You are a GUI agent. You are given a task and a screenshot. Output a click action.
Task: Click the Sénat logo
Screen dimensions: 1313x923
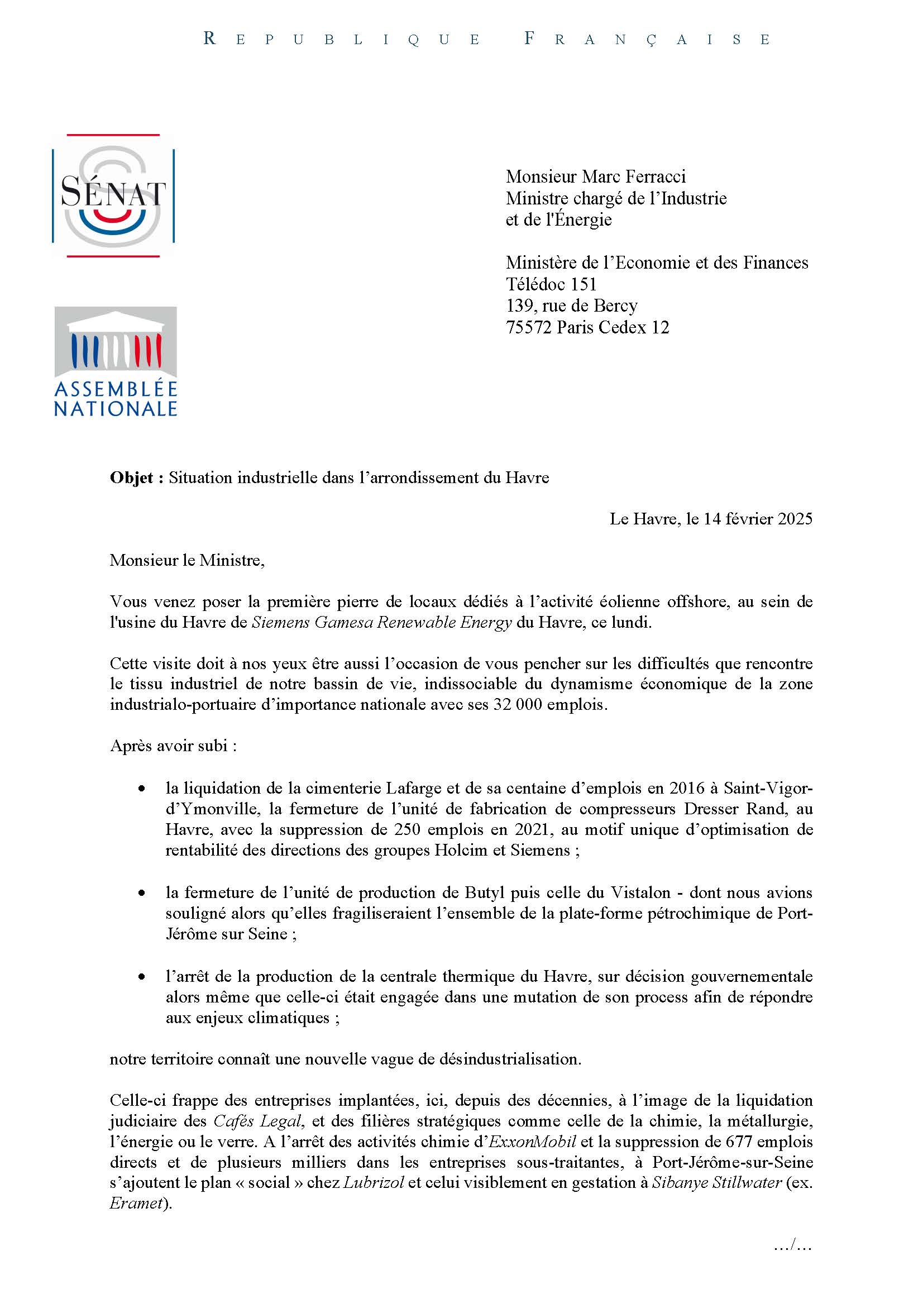tap(113, 195)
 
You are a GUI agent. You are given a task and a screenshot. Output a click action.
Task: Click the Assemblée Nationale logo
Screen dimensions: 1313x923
tap(116, 361)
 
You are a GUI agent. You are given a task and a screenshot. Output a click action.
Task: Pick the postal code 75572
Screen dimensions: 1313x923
tap(529, 327)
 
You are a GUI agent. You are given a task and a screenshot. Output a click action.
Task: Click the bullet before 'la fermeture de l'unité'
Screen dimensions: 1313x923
tap(141, 893)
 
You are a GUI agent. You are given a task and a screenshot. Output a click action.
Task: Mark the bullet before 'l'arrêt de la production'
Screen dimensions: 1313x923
tap(141, 977)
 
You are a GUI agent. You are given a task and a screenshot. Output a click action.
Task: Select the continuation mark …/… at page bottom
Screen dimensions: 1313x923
tap(792, 1245)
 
